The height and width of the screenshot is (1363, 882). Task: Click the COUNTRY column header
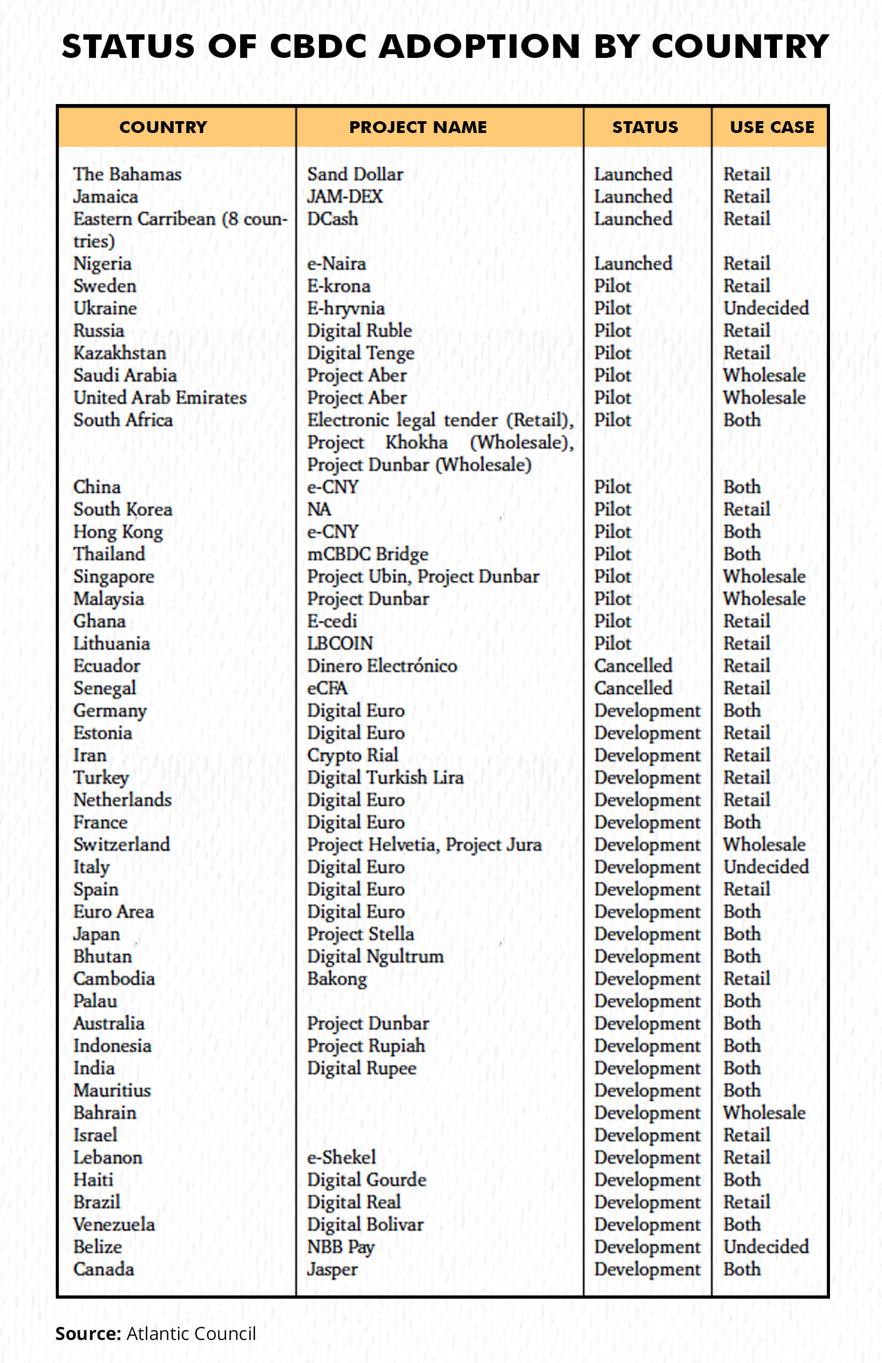pyautogui.click(x=163, y=127)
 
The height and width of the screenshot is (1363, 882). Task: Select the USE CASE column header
pyautogui.click(x=772, y=127)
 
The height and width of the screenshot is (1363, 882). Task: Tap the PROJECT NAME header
pyautogui.click(x=418, y=127)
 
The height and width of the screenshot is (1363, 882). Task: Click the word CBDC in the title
pyautogui.click(x=318, y=47)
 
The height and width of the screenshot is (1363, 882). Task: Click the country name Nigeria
pyautogui.click(x=102, y=263)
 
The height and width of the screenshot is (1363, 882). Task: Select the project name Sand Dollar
pyautogui.click(x=355, y=174)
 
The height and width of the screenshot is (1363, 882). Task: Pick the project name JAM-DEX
pyautogui.click(x=345, y=196)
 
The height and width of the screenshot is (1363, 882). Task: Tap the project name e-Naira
pyautogui.click(x=337, y=263)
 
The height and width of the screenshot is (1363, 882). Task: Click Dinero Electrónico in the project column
pyautogui.click(x=382, y=665)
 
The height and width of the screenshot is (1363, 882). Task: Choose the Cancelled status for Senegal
pyautogui.click(x=633, y=688)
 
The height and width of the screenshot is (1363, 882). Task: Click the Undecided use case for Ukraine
pyautogui.click(x=766, y=308)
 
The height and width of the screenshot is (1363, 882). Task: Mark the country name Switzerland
pyautogui.click(x=121, y=844)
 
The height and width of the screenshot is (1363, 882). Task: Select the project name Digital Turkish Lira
pyautogui.click(x=386, y=777)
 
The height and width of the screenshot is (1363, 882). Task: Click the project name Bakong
pyautogui.click(x=337, y=979)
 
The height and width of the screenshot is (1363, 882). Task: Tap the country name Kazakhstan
pyautogui.click(x=120, y=353)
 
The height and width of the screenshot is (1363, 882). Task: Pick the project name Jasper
pyautogui.click(x=332, y=1269)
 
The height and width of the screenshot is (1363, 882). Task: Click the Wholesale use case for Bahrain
pyautogui.click(x=764, y=1112)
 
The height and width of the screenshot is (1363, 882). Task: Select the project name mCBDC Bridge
pyautogui.click(x=368, y=554)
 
